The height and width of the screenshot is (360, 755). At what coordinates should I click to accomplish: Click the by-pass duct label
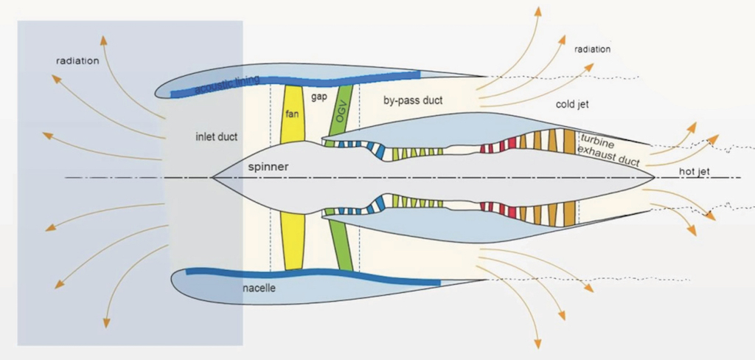click(413, 100)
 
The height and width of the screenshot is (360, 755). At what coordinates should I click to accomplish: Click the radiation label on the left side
click(77, 60)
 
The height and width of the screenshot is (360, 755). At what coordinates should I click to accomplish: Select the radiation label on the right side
click(593, 49)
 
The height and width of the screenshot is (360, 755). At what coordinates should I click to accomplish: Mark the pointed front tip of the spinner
click(212, 177)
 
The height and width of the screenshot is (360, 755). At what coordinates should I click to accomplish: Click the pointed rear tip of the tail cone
click(655, 178)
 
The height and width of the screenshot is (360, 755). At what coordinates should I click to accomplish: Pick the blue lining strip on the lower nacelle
click(310, 275)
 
